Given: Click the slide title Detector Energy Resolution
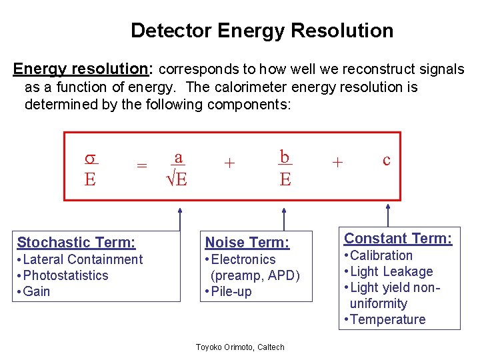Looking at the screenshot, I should coord(262,31).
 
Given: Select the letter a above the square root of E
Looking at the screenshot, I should coord(178,157).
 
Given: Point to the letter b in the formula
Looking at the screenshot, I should coord(285,157).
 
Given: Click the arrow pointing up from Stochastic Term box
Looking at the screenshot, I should coord(179,217).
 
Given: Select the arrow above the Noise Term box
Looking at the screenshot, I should coord(285,217).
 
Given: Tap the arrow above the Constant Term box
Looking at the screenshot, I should coord(387,215).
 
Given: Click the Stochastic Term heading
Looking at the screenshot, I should coord(76,243).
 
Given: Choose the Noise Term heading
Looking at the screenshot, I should coord(247,243).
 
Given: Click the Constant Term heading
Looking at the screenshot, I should coord(398,238).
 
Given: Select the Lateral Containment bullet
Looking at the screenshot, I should coord(80,259).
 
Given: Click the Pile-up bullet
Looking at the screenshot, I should coord(229,291).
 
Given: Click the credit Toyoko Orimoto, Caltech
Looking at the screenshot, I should coord(240,347).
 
